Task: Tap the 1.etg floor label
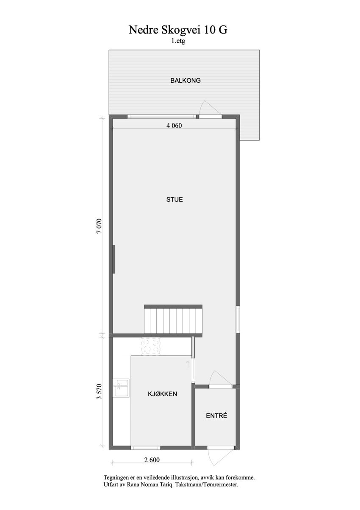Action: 178,42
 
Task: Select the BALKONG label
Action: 185,80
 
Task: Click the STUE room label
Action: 174,199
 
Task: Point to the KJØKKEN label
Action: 162,394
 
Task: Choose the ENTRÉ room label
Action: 216,416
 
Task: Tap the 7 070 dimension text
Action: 99,226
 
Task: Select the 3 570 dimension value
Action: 99,392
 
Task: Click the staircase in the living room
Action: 173,320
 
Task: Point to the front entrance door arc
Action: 212,457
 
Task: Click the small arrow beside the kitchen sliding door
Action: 188,364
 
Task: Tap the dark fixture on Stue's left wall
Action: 114,259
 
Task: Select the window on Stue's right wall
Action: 238,319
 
